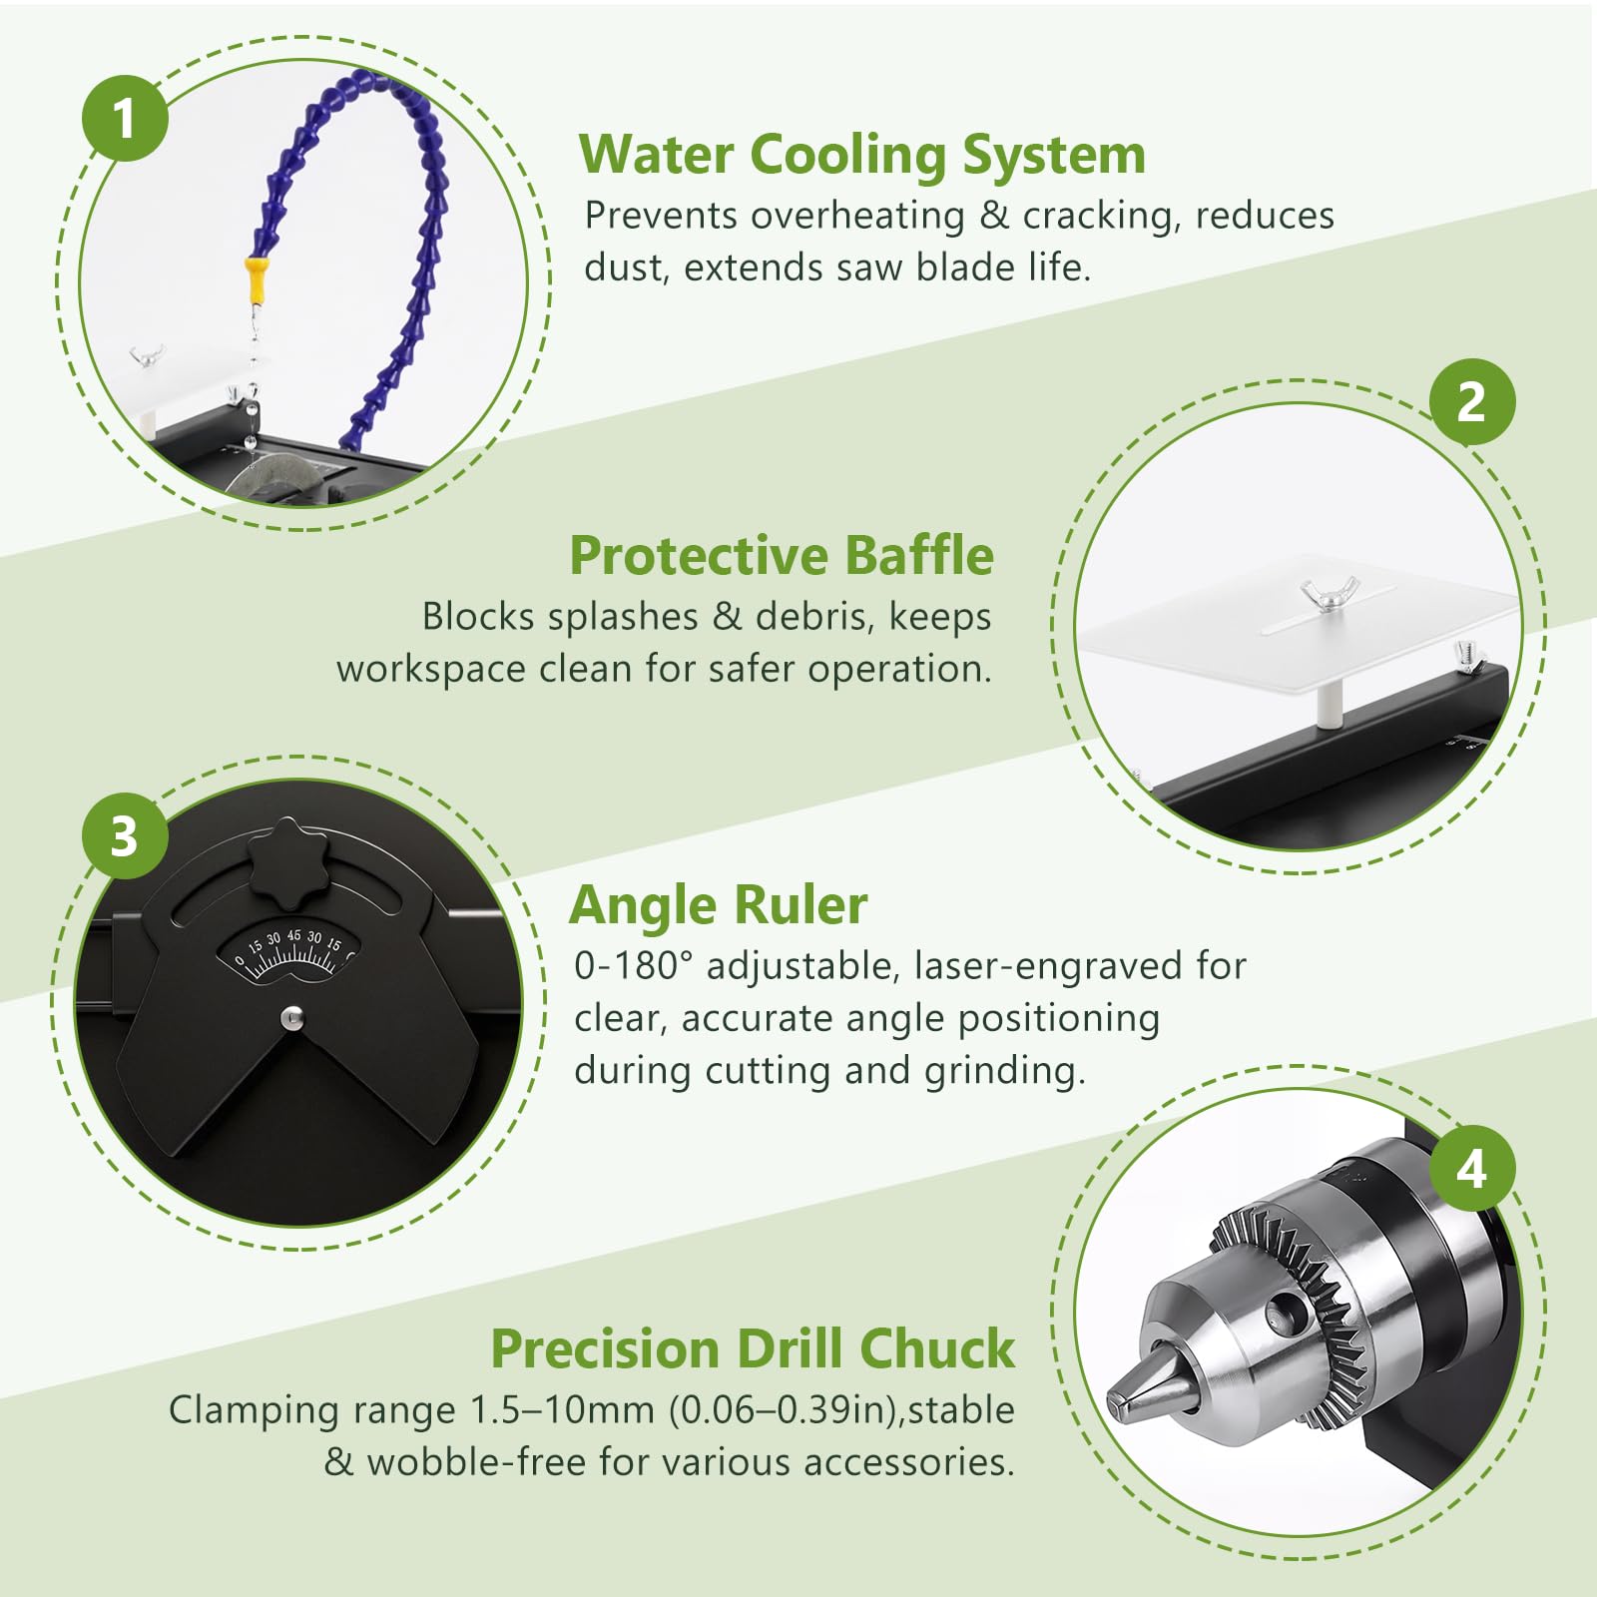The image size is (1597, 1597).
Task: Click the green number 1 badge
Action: click(x=125, y=118)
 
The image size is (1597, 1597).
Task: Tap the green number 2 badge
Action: click(x=1471, y=402)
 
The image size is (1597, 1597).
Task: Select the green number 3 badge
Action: click(x=125, y=835)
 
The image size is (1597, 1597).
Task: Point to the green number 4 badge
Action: click(x=1471, y=1169)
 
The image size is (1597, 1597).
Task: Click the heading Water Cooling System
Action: click(x=862, y=156)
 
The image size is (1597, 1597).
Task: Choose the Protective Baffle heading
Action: click(x=782, y=555)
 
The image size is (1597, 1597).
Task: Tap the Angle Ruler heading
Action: click(x=719, y=906)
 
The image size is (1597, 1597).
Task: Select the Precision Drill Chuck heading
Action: click(x=753, y=1348)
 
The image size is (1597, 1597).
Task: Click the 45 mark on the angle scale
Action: click(x=293, y=935)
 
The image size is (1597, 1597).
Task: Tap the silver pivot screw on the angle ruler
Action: click(x=291, y=1018)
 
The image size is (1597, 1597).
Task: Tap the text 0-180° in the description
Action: click(x=633, y=966)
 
